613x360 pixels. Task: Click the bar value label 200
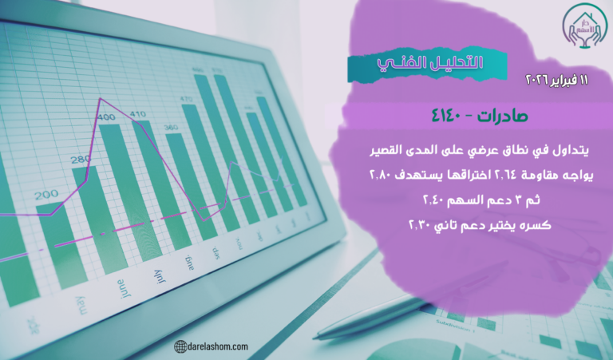tap(46, 194)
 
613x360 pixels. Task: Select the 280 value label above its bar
tap(81, 160)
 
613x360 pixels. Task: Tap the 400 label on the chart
tap(106, 118)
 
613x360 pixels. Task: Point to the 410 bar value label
tap(138, 113)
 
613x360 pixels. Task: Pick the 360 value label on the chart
tap(171, 128)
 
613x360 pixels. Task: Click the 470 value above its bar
tap(187, 99)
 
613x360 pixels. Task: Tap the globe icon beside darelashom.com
tap(180, 346)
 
